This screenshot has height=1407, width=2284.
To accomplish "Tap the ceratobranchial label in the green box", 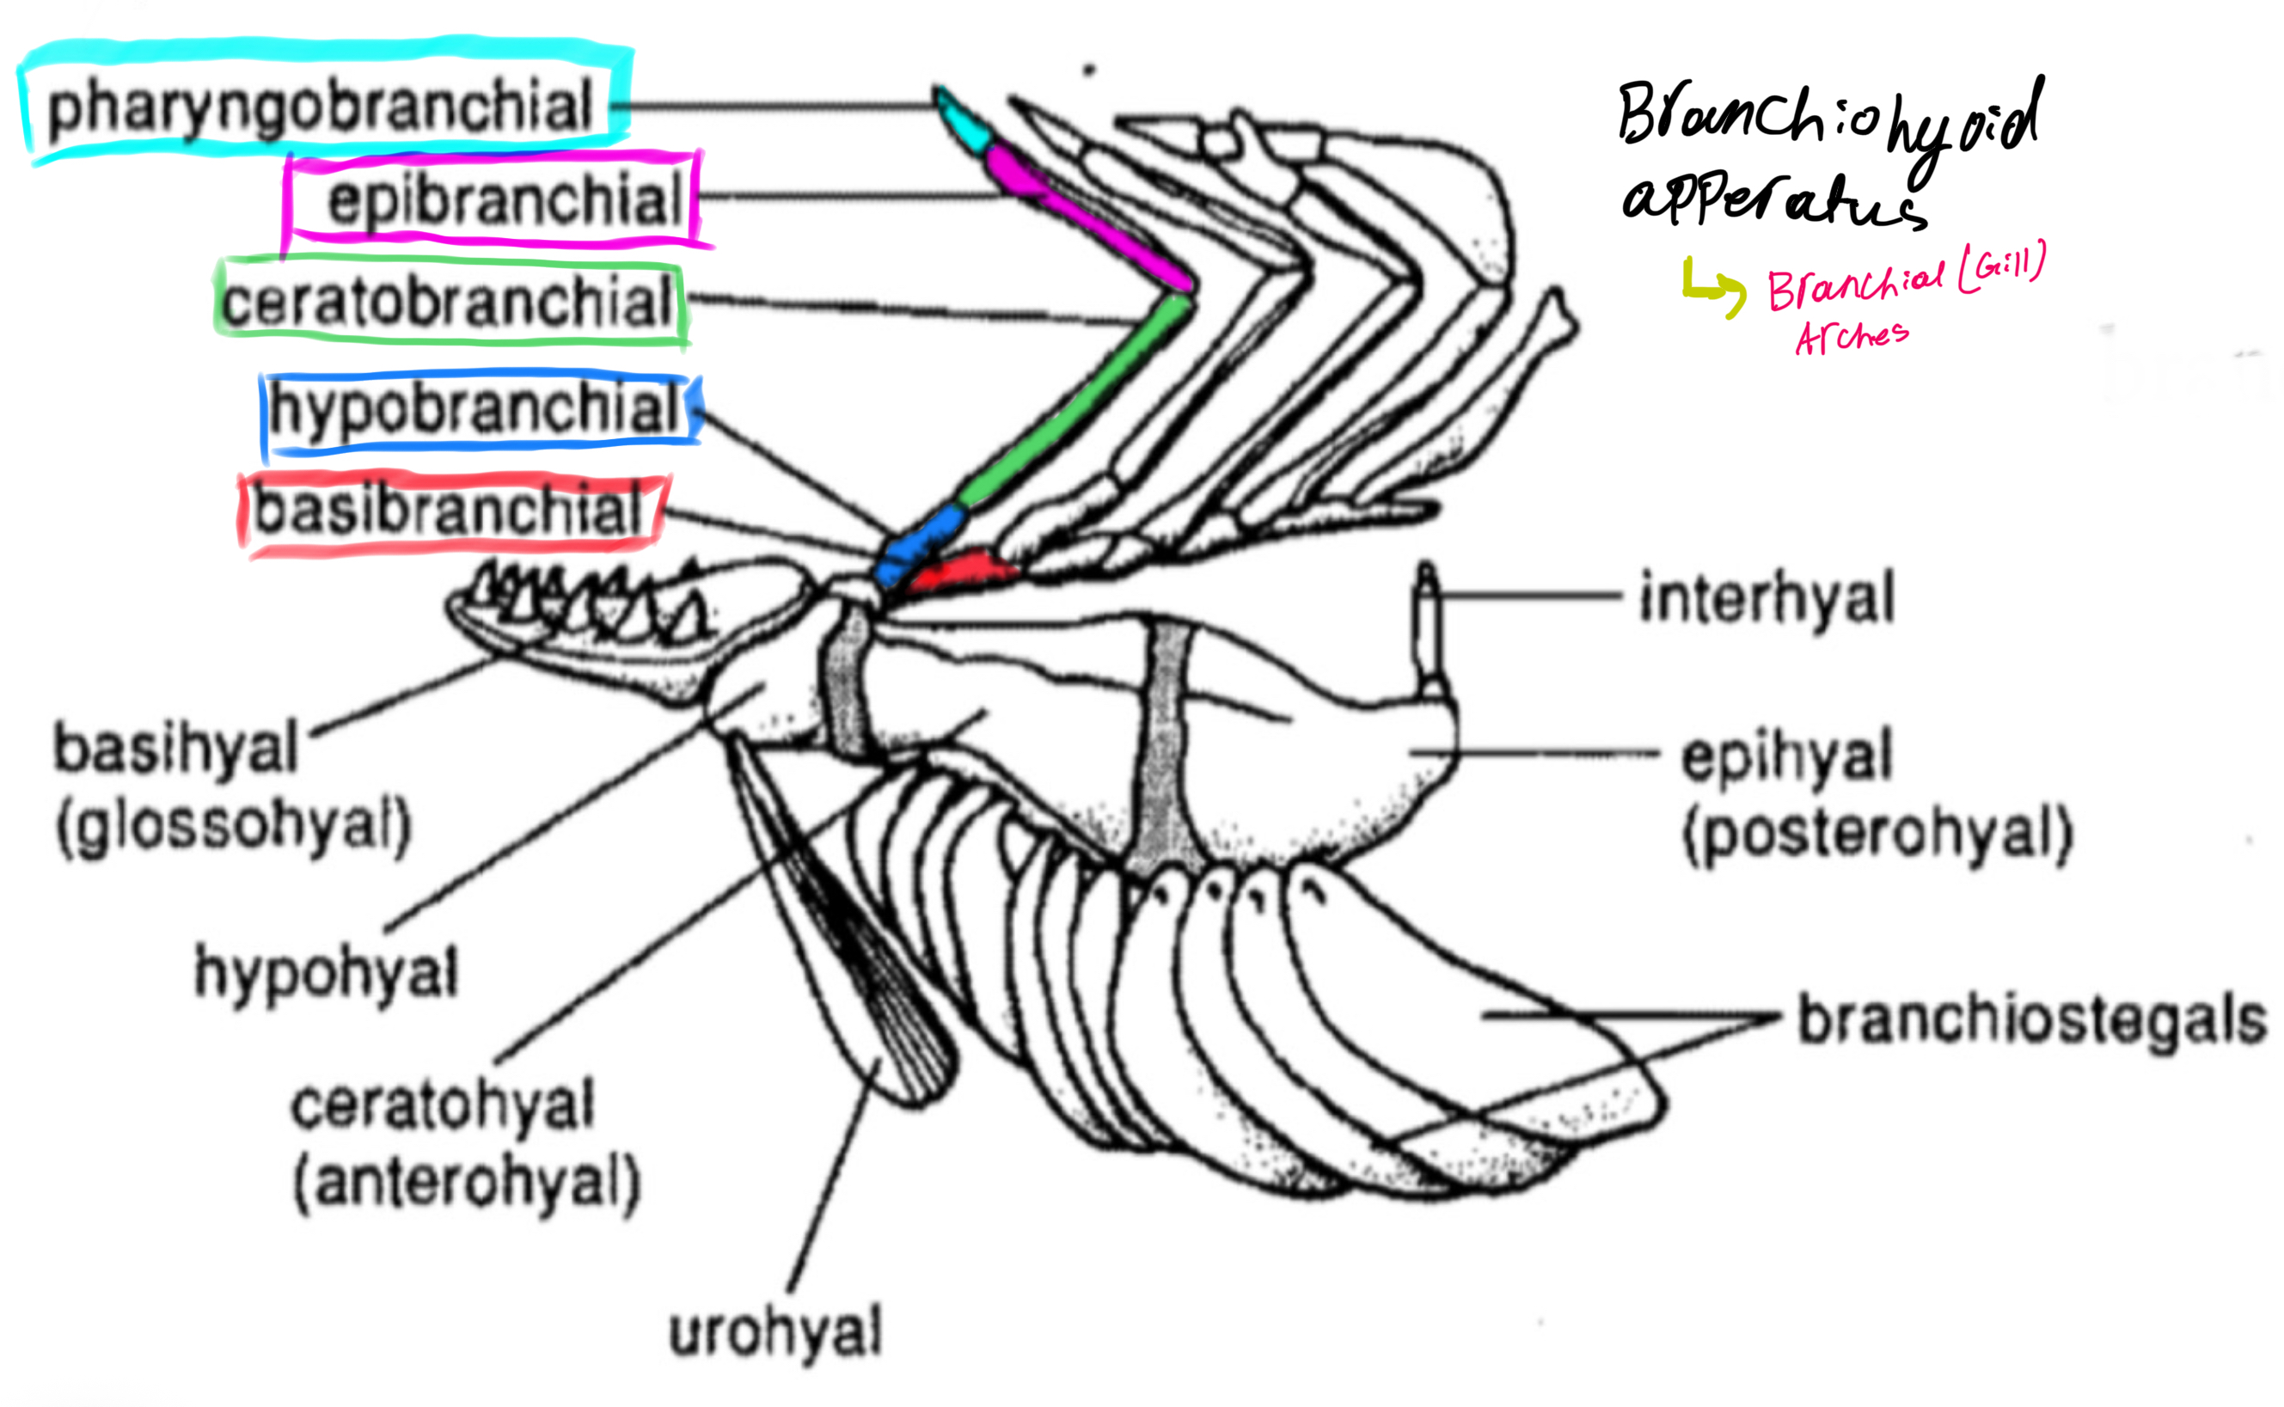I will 447,302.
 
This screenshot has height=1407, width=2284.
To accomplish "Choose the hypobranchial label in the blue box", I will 475,408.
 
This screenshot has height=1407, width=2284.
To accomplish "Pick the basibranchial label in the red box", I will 449,511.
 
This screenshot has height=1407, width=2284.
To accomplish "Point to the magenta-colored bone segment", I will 1084,215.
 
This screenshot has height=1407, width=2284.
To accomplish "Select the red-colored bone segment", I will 964,571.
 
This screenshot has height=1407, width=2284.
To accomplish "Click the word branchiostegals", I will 2030,1021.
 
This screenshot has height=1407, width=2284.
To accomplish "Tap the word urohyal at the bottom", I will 775,1332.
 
